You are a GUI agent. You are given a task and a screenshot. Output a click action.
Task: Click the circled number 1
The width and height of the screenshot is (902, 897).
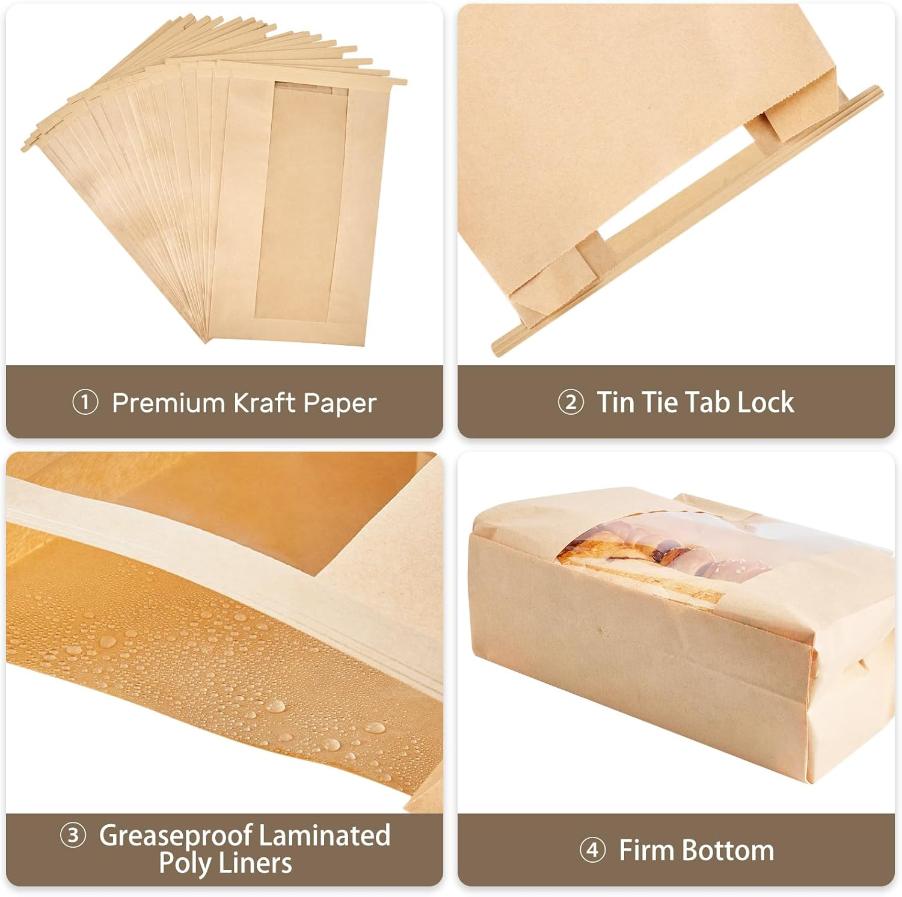pyautogui.click(x=85, y=402)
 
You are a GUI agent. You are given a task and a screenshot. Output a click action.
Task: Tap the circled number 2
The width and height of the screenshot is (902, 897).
pyautogui.click(x=570, y=402)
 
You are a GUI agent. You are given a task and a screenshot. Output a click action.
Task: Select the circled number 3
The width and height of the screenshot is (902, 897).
pyautogui.click(x=73, y=836)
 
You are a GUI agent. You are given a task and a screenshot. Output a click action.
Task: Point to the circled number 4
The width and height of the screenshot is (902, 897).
pyautogui.click(x=592, y=850)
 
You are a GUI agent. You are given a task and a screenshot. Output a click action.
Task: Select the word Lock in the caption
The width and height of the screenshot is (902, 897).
pyautogui.click(x=765, y=402)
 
